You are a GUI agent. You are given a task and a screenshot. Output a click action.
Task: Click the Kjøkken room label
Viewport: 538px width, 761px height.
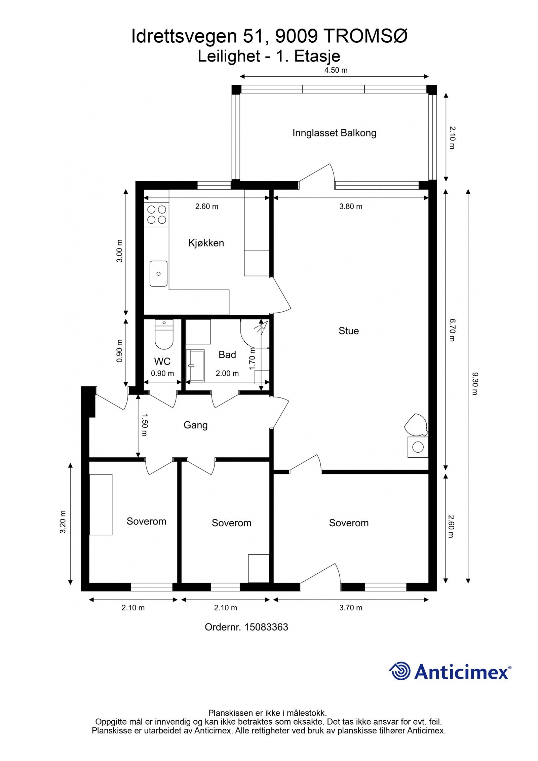[x=206, y=243]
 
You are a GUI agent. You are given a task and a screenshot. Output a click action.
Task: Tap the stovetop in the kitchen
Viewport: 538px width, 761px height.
[x=157, y=215]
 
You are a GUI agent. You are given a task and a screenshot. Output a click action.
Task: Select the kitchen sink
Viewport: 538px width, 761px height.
[x=158, y=273]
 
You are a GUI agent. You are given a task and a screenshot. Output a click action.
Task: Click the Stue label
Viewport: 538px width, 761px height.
[x=349, y=331]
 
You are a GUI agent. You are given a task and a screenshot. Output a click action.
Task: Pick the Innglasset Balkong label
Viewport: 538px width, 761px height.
[x=334, y=133]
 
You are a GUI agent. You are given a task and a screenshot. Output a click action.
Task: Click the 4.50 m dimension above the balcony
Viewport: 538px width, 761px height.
[x=336, y=70]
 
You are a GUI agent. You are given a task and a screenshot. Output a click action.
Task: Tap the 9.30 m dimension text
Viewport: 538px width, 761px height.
[x=474, y=383]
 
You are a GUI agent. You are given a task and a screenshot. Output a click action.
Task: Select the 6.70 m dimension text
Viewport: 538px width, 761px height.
[x=452, y=330]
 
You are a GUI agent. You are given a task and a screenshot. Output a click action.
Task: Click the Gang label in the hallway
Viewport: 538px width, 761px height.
[x=195, y=425]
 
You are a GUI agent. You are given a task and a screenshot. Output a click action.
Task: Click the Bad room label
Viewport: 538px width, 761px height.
[x=227, y=354]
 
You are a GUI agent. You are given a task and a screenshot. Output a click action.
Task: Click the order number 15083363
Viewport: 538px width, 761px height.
[x=266, y=627]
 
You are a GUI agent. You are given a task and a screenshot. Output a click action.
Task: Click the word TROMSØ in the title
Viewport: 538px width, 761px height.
[x=366, y=36]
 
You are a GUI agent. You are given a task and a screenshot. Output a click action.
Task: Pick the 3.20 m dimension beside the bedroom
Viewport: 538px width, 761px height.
[x=63, y=522]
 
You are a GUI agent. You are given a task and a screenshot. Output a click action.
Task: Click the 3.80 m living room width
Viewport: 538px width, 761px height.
[x=351, y=206]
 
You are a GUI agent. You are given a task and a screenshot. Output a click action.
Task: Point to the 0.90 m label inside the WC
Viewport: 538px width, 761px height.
[x=162, y=373]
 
